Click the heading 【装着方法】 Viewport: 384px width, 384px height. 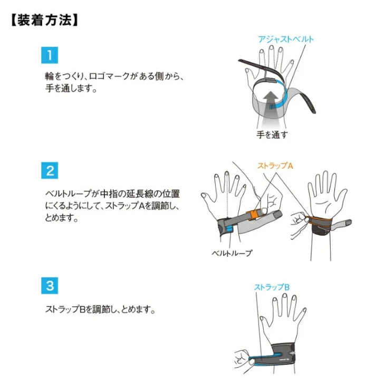coord(44,20)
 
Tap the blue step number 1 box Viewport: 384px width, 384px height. coord(50,55)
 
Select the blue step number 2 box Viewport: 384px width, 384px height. coord(50,170)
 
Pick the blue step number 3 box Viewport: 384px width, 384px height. coord(50,285)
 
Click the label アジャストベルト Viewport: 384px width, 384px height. coord(286,39)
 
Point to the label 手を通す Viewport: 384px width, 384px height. coord(272,135)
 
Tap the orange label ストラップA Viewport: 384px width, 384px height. coord(275,166)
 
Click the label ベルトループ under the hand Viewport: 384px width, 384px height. coord(232,253)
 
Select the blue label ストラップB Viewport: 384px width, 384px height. coord(272,287)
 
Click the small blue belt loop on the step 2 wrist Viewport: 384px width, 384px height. coord(229,229)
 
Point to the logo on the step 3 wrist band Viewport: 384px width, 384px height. coord(284,359)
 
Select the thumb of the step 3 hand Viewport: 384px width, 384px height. coord(265,325)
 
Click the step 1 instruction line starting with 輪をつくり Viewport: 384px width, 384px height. coord(114,76)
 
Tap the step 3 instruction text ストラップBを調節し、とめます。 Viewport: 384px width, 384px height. coord(100,310)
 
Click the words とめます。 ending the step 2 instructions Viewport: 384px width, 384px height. coord(62,217)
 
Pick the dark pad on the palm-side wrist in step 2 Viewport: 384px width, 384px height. coord(321,231)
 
